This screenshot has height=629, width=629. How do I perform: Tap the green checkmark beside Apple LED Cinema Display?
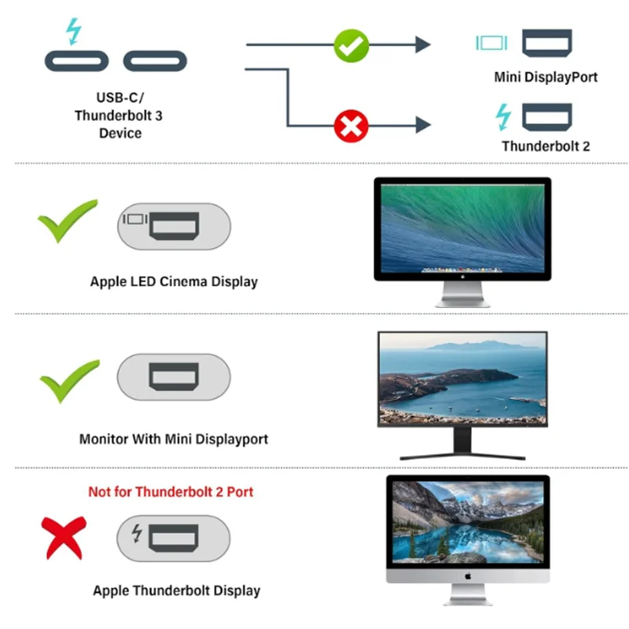pyautogui.click(x=68, y=221)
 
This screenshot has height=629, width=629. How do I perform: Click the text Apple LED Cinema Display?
pyautogui.click(x=174, y=281)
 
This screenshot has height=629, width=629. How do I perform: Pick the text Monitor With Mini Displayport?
pyautogui.click(x=174, y=439)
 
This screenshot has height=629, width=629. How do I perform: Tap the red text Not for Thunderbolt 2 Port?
pyautogui.click(x=171, y=492)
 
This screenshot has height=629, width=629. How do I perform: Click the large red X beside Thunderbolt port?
pyautogui.click(x=64, y=538)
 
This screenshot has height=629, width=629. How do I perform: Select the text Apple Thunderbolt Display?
pyautogui.click(x=176, y=590)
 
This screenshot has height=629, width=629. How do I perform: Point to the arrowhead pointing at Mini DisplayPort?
pyautogui.click(x=423, y=45)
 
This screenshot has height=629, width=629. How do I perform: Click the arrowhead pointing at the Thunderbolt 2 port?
pyautogui.click(x=423, y=124)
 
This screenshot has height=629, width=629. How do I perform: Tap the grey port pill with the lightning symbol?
pyautogui.click(x=174, y=538)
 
